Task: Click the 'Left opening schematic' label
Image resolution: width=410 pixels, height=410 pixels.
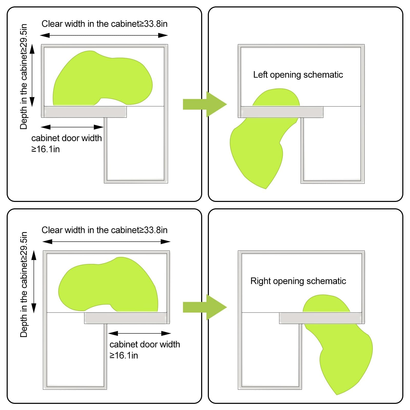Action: point(298,75)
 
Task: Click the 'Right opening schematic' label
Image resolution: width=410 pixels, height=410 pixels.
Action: point(298,281)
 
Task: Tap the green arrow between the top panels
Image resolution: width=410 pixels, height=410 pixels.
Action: point(205,104)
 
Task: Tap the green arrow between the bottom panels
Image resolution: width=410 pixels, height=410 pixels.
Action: point(205,307)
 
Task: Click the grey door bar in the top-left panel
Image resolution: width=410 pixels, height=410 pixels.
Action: point(85,112)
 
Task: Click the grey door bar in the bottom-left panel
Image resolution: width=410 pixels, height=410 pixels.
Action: point(126,318)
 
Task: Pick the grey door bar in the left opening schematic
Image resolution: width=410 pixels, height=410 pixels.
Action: point(282,112)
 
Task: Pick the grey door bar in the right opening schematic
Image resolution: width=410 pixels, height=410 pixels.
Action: point(321,318)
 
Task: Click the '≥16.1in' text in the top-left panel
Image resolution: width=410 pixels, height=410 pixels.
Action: point(46,149)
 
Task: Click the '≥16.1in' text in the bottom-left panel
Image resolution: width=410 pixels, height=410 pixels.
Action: point(124,355)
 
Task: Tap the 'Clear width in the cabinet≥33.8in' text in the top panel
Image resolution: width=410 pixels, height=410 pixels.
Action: point(105,24)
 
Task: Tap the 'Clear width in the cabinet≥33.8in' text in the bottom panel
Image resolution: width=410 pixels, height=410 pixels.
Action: point(105,230)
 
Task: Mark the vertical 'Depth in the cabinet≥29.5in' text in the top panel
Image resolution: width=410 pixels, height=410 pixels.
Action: point(24,76)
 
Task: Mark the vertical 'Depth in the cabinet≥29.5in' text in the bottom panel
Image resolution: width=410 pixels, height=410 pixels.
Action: point(24,284)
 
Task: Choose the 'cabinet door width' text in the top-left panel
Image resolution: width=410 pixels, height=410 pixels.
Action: point(67,138)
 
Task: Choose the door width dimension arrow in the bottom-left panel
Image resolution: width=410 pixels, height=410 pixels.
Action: point(139,333)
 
